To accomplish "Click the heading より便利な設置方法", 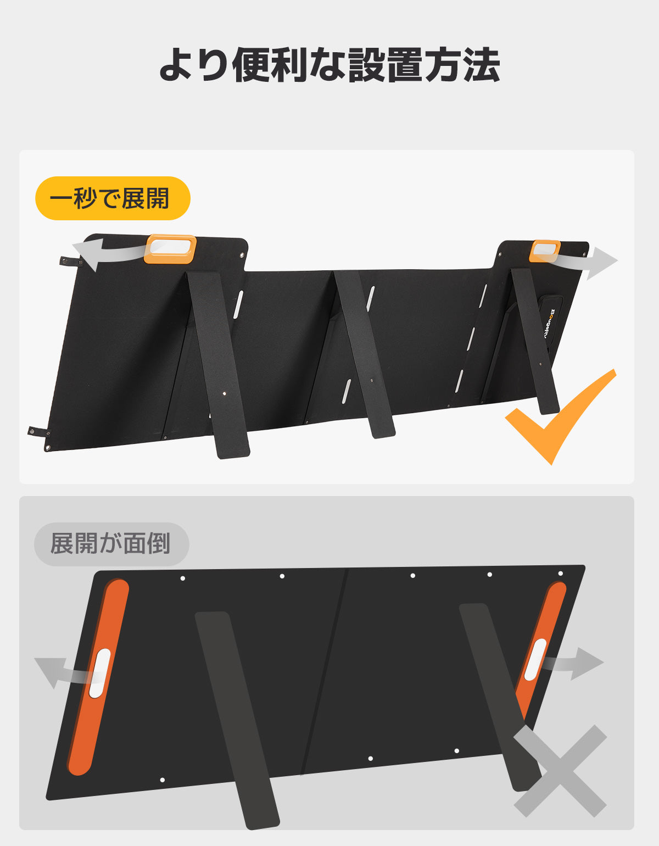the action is click(329, 65).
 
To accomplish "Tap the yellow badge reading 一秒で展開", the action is click(113, 198).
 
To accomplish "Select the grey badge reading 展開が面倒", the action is click(111, 544).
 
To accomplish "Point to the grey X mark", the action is click(560, 771).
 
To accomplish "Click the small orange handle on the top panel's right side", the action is click(545, 251).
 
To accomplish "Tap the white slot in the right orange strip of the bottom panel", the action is click(535, 660).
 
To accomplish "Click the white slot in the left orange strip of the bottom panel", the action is click(99, 673).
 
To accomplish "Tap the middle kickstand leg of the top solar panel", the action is click(364, 354).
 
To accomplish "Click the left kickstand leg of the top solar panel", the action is click(219, 365).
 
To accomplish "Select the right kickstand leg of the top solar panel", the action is click(535, 341).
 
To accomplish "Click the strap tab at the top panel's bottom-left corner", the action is click(38, 432).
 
